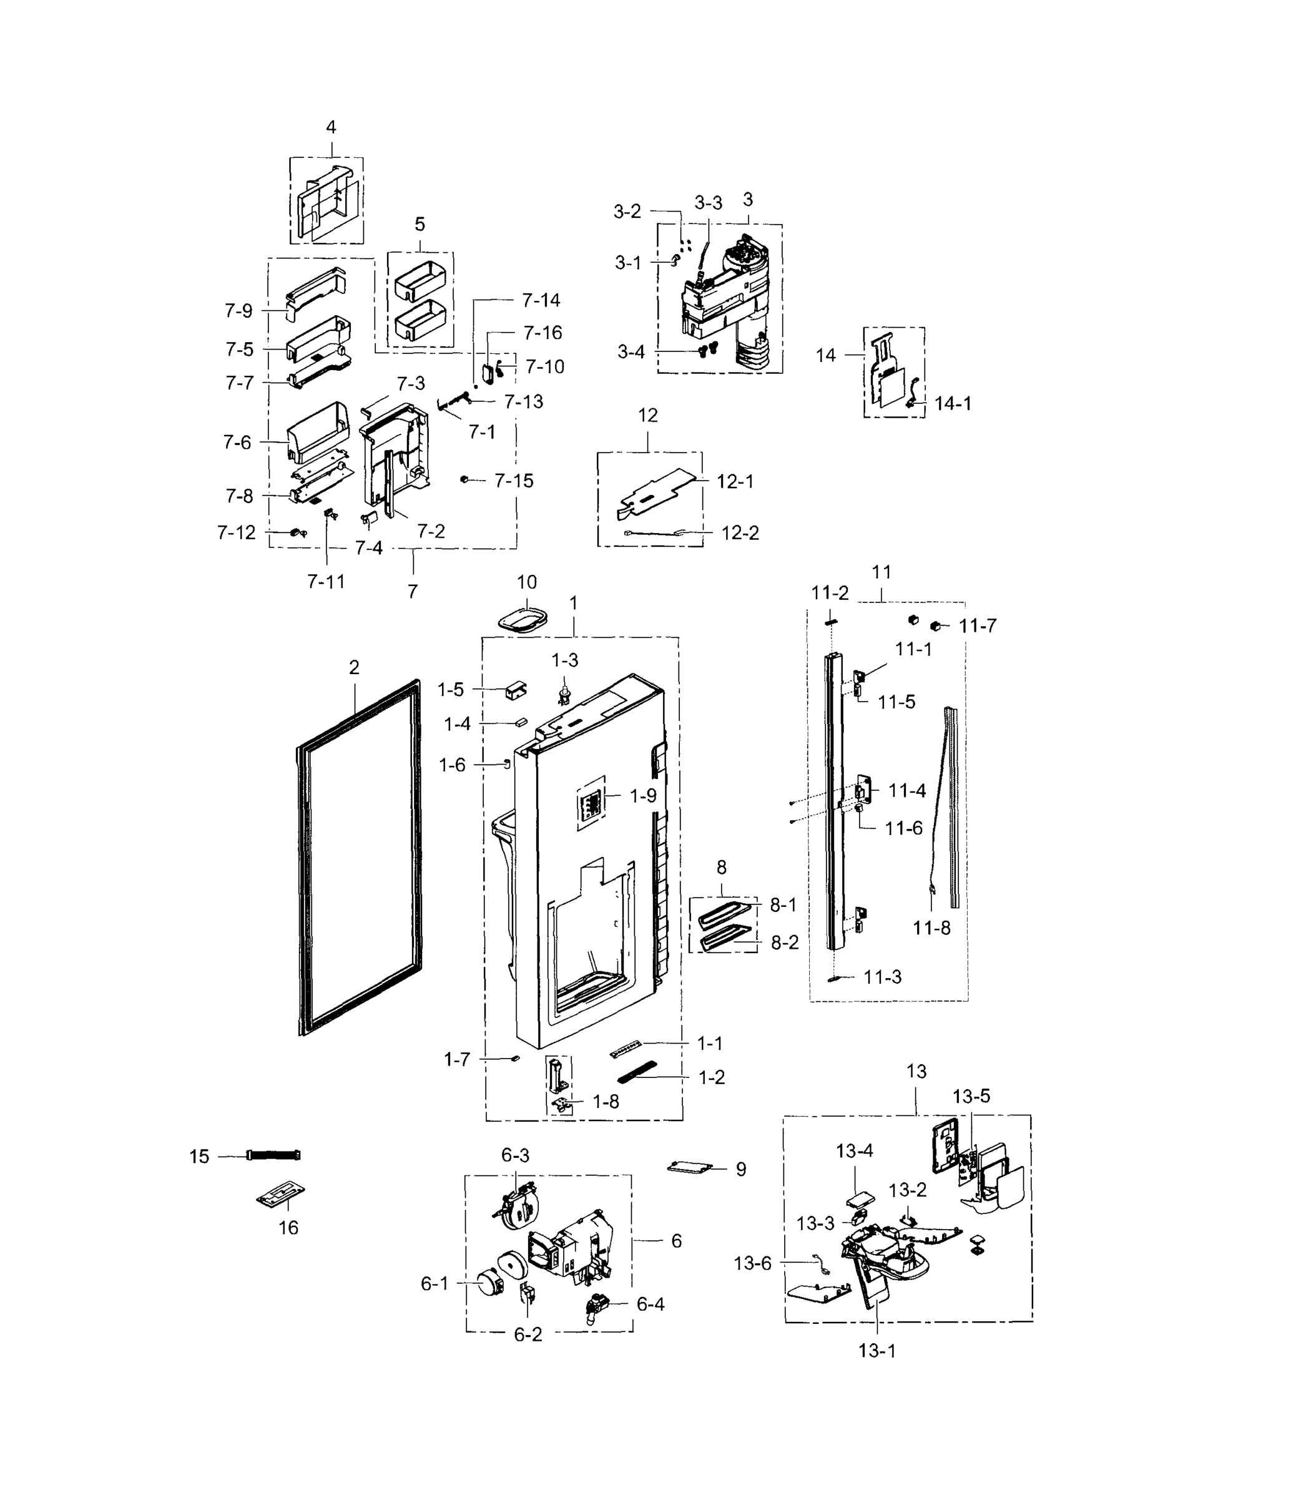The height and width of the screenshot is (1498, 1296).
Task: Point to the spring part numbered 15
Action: (273, 1155)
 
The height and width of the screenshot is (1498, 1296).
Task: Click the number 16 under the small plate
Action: (288, 1227)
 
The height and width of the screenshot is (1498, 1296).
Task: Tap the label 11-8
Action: (931, 928)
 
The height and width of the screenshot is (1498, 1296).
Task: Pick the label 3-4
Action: (631, 352)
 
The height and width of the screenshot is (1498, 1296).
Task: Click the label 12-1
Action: (735, 481)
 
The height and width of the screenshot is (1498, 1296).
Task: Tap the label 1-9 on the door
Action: (642, 796)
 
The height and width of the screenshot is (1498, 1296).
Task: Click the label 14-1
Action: (953, 403)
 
